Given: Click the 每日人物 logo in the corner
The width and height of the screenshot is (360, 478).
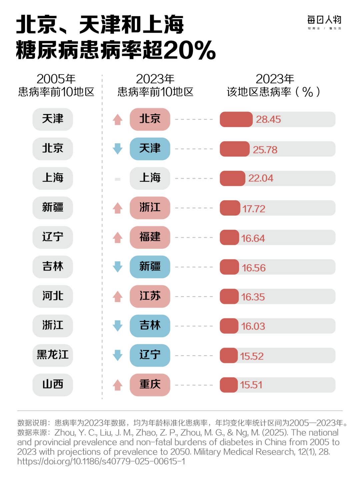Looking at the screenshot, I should (x=324, y=22).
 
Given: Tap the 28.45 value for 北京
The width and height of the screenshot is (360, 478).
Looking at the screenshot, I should (x=268, y=119).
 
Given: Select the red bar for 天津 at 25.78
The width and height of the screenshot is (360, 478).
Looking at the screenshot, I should (x=234, y=149).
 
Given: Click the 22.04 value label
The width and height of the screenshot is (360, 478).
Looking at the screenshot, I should (x=261, y=178).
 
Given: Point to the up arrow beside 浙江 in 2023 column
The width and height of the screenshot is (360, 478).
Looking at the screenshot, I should (x=118, y=208).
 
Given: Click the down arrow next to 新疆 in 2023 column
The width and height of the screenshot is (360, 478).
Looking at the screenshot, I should (x=118, y=267).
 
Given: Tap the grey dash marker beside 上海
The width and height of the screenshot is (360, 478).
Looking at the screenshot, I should (x=118, y=179).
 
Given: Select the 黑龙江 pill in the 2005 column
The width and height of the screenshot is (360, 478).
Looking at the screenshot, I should (x=53, y=355).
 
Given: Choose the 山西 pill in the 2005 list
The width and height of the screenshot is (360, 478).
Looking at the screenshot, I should (x=53, y=385).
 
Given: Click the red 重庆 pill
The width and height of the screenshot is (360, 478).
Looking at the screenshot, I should (x=150, y=385).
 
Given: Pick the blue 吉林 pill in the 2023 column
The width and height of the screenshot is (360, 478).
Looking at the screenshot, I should (x=150, y=326).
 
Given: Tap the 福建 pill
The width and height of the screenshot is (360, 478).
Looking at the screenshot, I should (x=150, y=237).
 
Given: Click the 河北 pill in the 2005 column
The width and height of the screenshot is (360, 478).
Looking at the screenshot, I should (x=53, y=296).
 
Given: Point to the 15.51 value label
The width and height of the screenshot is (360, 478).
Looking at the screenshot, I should (x=251, y=385).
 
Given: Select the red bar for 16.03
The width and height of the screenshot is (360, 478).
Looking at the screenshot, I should (x=229, y=326).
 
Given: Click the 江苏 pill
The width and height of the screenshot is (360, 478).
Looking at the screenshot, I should (x=150, y=296).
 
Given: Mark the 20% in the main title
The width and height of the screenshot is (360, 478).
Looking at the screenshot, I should (x=189, y=51).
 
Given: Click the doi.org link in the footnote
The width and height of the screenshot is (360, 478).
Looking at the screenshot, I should (x=101, y=461).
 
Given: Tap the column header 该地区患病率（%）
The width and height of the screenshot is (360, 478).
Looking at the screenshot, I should (x=274, y=85).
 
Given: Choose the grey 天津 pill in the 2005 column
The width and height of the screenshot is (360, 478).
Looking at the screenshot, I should (x=53, y=119).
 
